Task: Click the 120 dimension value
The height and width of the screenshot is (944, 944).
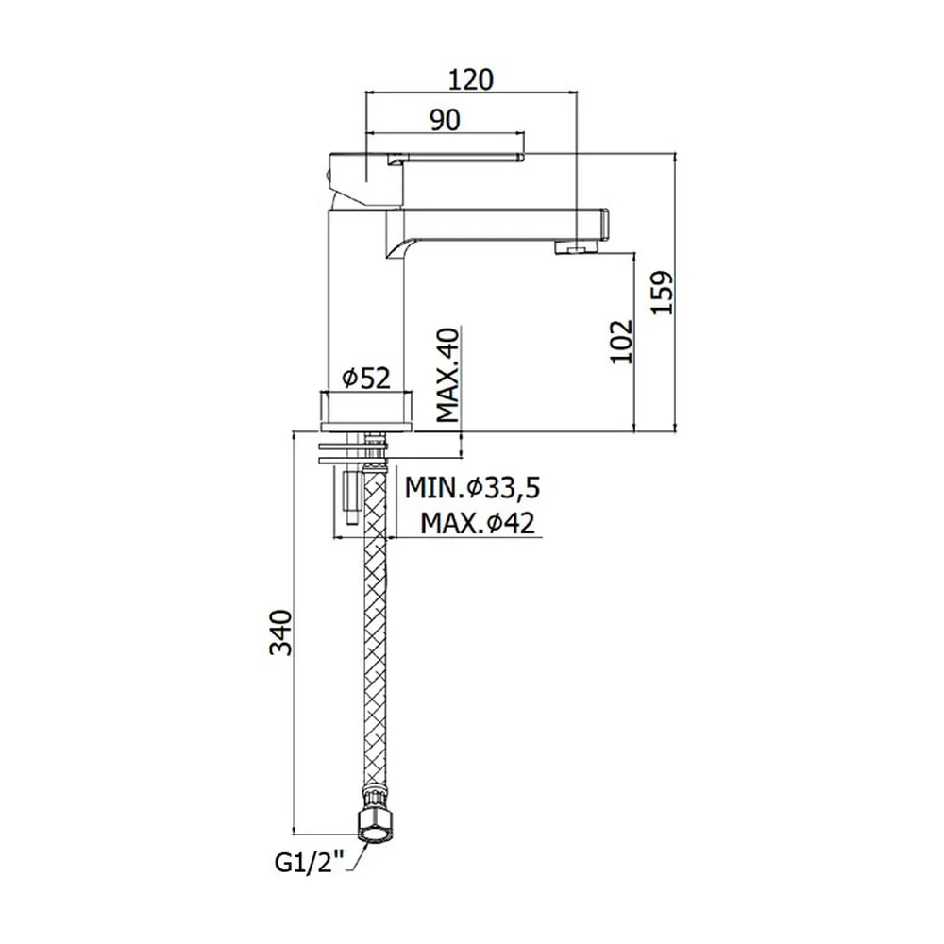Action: click(471, 79)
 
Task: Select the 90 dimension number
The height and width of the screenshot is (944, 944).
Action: click(445, 120)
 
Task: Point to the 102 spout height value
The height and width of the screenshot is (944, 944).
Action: click(621, 342)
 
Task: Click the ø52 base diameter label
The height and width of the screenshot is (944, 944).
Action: click(366, 379)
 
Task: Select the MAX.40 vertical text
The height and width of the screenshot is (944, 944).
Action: click(447, 375)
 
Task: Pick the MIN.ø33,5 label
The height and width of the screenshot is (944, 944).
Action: click(472, 488)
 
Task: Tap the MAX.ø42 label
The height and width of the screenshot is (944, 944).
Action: click(477, 523)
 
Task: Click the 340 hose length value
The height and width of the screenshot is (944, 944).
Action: click(281, 632)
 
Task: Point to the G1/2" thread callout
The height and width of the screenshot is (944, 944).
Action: click(309, 863)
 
